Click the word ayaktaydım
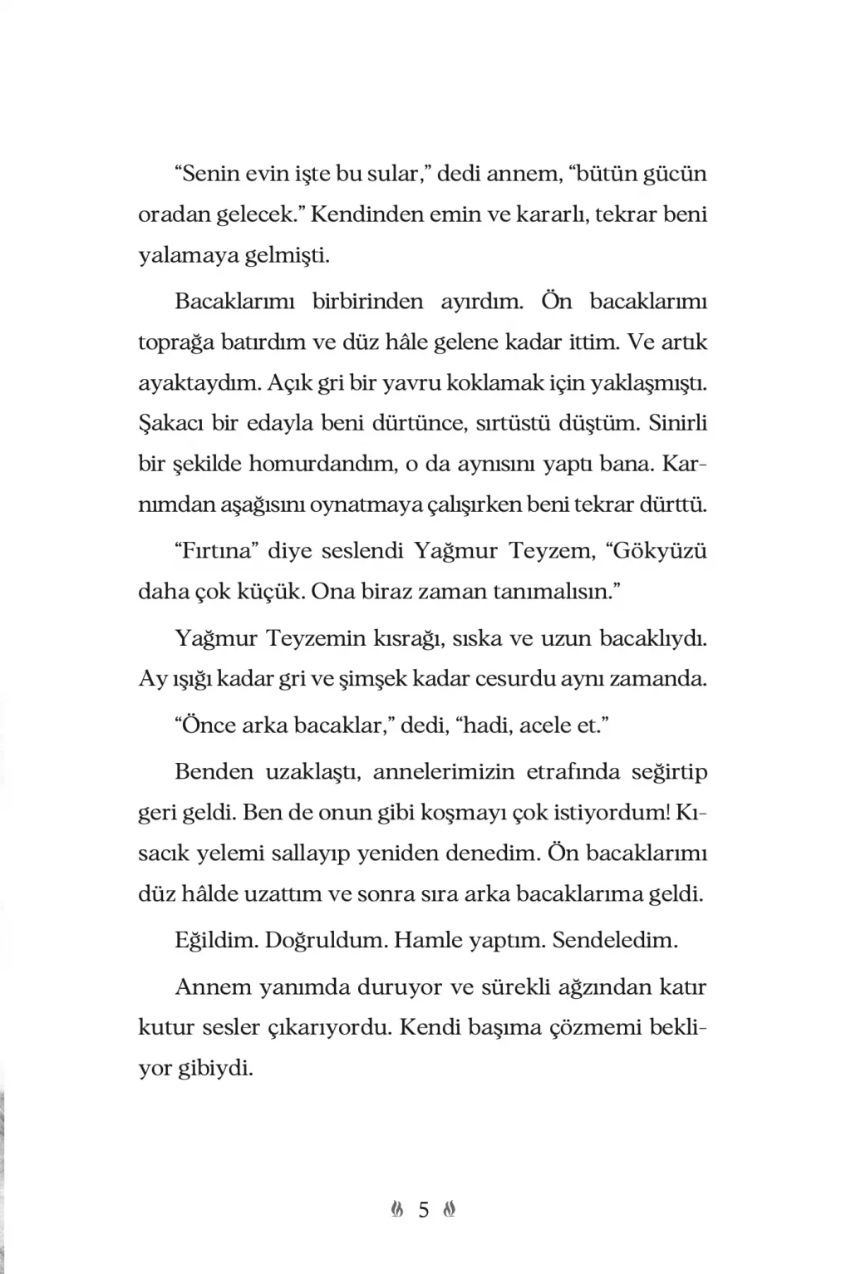point(189,383)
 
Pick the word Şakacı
point(170,423)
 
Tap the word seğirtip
point(669,772)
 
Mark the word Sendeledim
point(615,941)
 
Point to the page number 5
point(424,1210)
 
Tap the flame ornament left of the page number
point(397,1210)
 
